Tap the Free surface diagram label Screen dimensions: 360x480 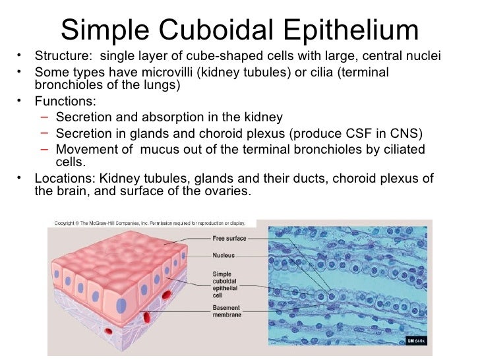(x=229, y=238)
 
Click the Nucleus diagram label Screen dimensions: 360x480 (x=224, y=255)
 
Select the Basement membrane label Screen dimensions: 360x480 (x=227, y=311)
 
